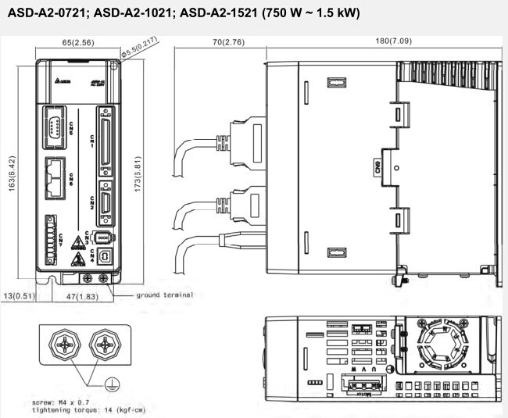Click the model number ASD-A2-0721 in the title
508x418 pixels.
pos(43,13)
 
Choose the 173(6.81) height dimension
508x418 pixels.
pos(138,173)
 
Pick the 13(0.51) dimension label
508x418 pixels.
pos(19,295)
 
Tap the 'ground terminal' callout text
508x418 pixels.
pos(165,295)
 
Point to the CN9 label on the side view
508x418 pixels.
pos(378,166)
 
